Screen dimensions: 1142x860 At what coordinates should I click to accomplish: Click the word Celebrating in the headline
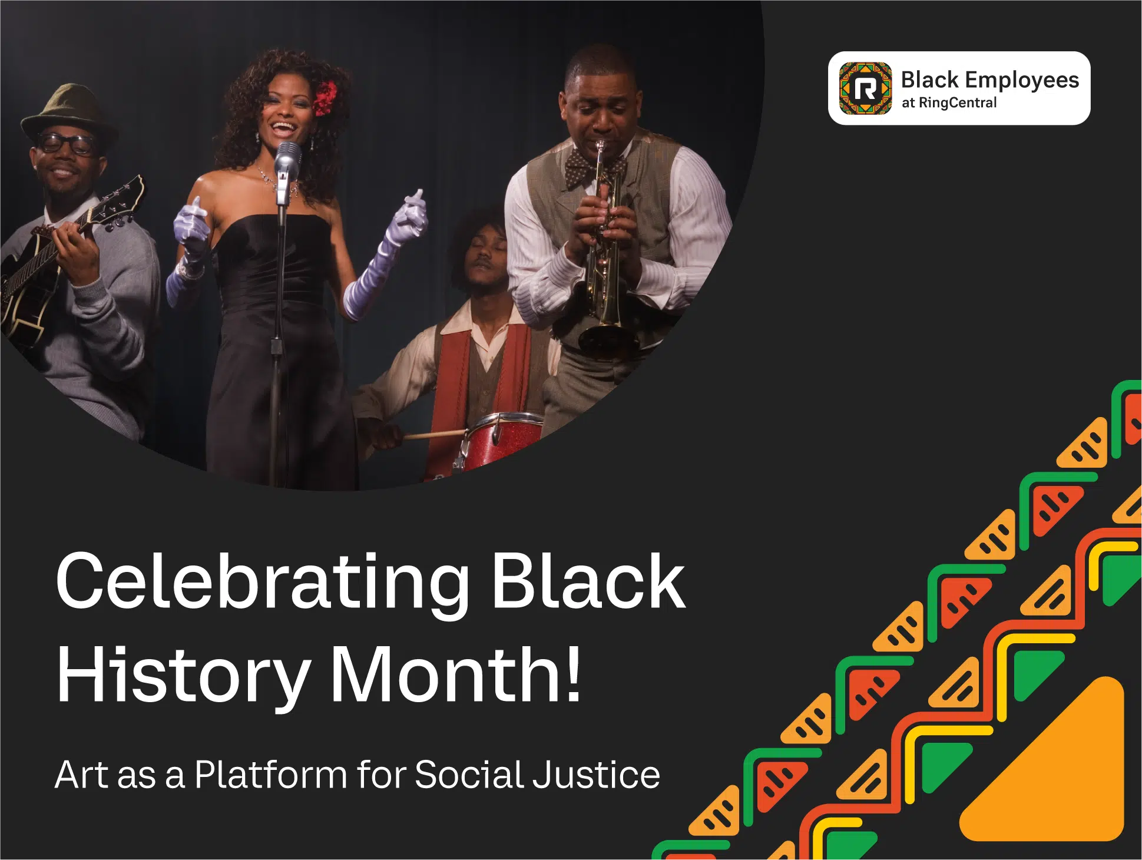262,581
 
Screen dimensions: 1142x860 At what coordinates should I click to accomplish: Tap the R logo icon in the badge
865,88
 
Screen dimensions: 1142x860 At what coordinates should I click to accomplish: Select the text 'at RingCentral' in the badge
949,102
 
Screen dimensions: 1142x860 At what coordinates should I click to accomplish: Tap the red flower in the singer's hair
325,98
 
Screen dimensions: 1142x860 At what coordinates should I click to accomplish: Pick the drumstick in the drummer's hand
433,435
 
